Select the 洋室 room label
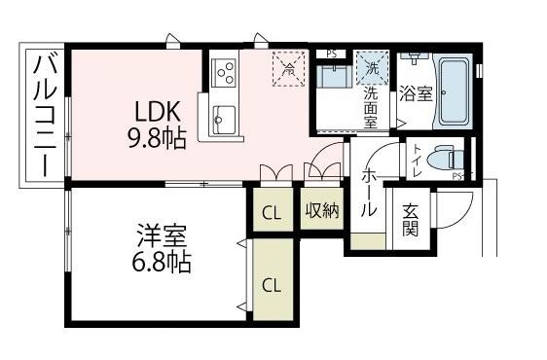162,236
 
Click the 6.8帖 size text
162,263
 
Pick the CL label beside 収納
272,213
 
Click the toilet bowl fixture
447,159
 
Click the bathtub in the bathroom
453,93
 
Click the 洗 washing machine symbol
371,68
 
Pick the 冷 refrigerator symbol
288,68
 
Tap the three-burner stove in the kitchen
223,72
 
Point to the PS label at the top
332,54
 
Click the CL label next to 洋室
272,285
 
